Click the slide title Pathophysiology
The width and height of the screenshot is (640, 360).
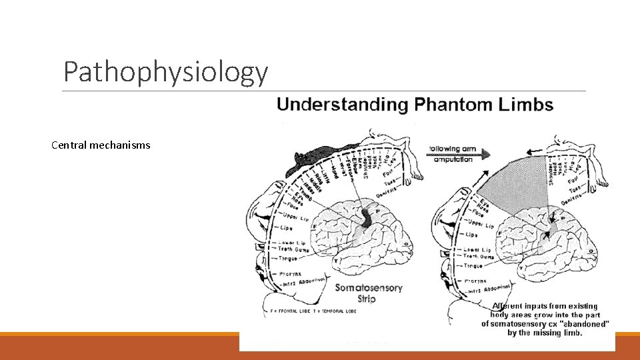(165, 72)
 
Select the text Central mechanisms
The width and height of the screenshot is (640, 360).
(101, 145)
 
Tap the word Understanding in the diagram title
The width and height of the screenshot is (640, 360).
(343, 105)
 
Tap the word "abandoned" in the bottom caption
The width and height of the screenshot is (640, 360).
(589, 323)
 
